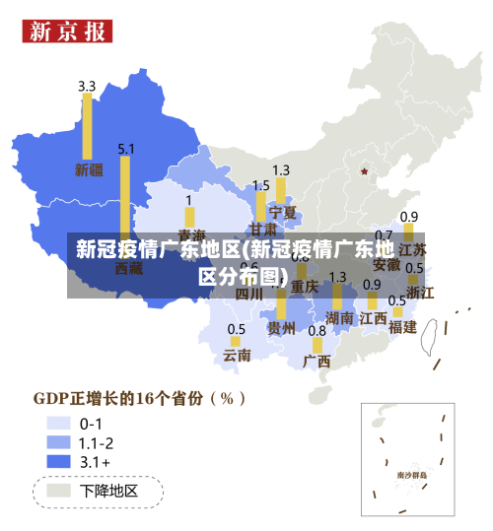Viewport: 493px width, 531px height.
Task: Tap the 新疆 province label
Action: click(x=89, y=169)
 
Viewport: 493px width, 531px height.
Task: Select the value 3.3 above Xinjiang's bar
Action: click(x=87, y=86)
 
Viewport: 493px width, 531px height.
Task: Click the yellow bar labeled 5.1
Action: click(x=125, y=197)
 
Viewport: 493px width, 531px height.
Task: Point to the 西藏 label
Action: click(x=129, y=267)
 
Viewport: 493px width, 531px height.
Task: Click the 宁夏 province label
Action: click(x=283, y=212)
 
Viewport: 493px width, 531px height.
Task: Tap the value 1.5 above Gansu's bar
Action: click(x=260, y=185)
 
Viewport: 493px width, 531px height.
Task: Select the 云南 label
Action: click(x=237, y=354)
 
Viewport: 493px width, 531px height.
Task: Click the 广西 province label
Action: click(x=317, y=361)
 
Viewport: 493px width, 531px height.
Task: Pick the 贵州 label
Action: click(x=281, y=328)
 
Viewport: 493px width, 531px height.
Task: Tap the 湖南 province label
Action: click(x=339, y=317)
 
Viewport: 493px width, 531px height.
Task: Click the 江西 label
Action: click(x=373, y=317)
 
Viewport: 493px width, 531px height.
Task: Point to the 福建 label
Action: click(x=402, y=326)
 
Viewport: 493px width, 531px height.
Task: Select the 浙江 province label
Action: click(x=420, y=292)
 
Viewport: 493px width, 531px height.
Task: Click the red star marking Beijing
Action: click(x=364, y=171)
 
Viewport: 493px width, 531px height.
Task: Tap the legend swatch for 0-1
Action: click(x=58, y=424)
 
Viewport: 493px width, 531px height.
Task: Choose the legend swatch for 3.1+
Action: click(x=58, y=460)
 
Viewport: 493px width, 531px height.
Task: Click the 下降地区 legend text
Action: click(x=108, y=491)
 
